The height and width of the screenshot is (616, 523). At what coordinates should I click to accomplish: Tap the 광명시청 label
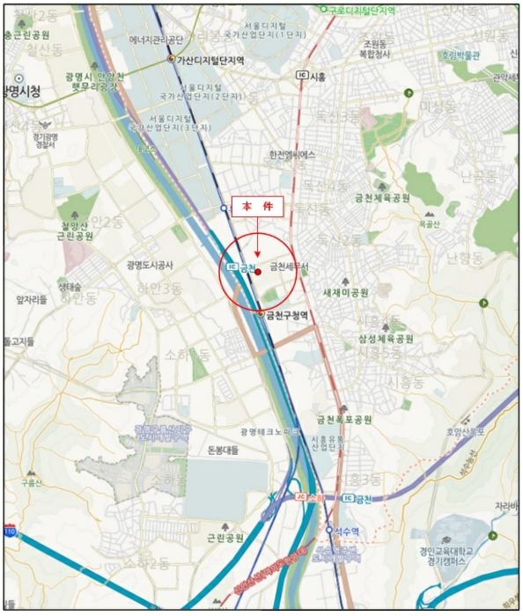[x=22, y=91]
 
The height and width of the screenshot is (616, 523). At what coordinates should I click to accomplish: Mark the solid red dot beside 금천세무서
[x=258, y=273]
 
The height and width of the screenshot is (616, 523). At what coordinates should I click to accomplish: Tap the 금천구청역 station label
[x=287, y=314]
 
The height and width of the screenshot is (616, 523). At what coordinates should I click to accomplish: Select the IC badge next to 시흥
[x=302, y=77]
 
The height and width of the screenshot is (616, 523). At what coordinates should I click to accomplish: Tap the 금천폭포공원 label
[x=344, y=419]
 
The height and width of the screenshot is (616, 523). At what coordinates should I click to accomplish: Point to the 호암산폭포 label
[x=466, y=432]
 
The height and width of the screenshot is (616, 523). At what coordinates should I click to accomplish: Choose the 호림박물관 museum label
[x=460, y=55]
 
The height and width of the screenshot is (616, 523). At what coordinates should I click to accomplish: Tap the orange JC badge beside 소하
[x=299, y=498]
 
